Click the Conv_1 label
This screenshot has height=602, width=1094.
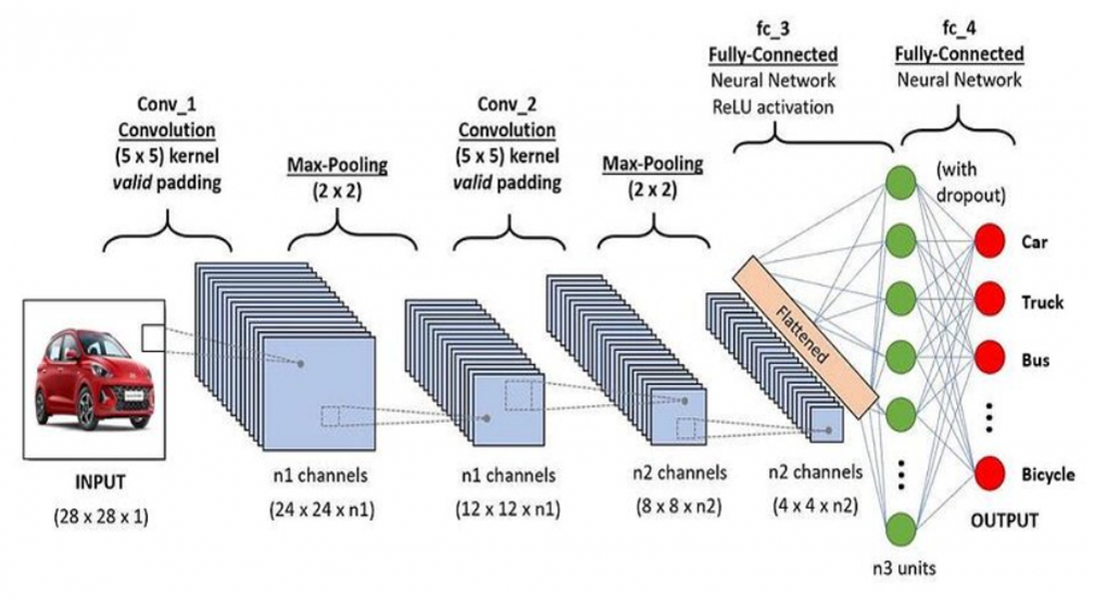click(166, 104)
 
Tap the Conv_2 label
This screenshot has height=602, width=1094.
click(507, 104)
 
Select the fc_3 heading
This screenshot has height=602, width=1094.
click(773, 29)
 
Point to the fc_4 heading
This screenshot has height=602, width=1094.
click(959, 29)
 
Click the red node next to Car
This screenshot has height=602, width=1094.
click(989, 241)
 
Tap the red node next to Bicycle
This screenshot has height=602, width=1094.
click(989, 474)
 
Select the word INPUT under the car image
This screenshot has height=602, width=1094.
click(100, 482)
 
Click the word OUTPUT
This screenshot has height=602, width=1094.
click(1004, 520)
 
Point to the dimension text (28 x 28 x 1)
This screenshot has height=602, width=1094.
click(101, 517)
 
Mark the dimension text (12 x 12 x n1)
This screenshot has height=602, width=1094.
click(508, 509)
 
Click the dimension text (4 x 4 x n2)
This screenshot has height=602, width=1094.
click(815, 506)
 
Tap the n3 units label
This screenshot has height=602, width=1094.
click(904, 568)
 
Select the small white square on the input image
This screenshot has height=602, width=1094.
click(152, 338)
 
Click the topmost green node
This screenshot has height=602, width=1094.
click(901, 182)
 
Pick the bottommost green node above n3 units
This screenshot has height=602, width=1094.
click(901, 528)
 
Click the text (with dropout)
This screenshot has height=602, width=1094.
click(970, 182)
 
